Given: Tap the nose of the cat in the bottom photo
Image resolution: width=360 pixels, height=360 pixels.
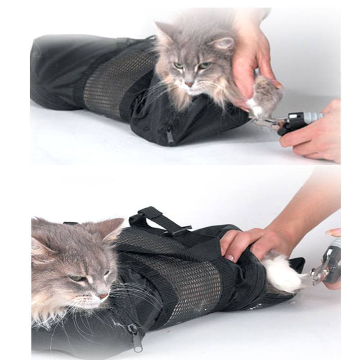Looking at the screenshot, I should pyautogui.click(x=103, y=297).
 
